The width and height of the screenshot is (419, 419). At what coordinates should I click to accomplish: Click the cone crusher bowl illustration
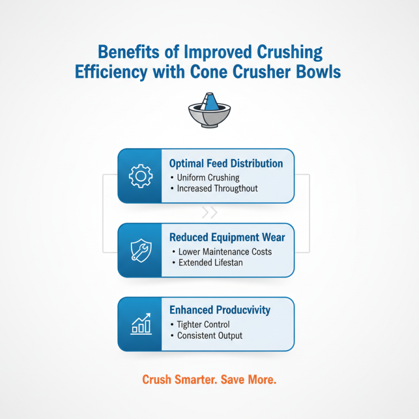pyautogui.click(x=210, y=111)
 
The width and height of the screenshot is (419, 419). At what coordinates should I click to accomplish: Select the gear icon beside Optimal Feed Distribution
pyautogui.click(x=139, y=176)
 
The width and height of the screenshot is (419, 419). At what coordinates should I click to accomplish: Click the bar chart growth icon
pyautogui.click(x=139, y=324)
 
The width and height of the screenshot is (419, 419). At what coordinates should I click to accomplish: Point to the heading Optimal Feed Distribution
pyautogui.click(x=226, y=163)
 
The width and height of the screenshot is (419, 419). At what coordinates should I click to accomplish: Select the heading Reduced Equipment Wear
pyautogui.click(x=227, y=238)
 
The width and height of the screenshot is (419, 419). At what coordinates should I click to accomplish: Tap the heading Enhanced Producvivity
pyautogui.click(x=220, y=310)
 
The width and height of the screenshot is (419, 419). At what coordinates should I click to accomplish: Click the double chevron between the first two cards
pyautogui.click(x=210, y=213)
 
